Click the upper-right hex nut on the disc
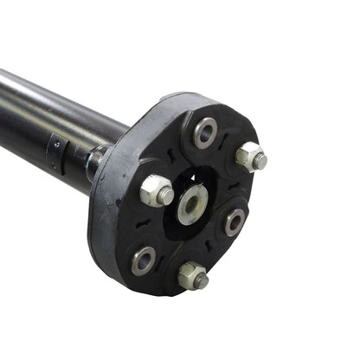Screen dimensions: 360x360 tap(250, 158)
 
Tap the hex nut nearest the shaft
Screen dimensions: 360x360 tap(156, 191)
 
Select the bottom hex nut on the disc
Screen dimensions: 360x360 tap(193, 275)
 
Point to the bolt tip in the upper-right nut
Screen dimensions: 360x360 tap(259, 161)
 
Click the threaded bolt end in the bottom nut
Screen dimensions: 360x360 tap(200, 280)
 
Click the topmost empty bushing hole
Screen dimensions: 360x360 tap(205, 132)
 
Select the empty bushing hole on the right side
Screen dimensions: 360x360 tap(235, 222)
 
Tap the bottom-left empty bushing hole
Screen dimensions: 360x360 tap(144, 260)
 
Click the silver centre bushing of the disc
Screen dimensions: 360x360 tap(191, 206)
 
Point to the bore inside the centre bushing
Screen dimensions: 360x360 tap(191, 208)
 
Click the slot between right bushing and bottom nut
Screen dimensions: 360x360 tap(218, 255)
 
